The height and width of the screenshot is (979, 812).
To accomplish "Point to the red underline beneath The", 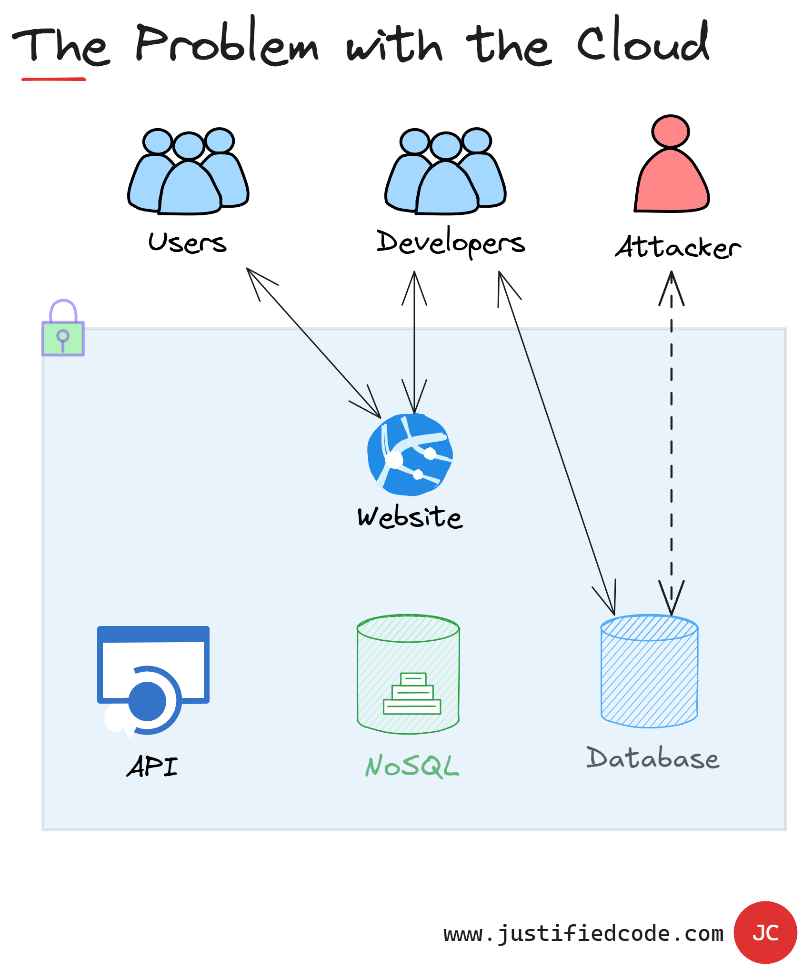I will tap(53, 79).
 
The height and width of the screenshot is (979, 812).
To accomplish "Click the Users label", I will tap(188, 243).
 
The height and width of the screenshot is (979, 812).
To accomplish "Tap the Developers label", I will tap(451, 243).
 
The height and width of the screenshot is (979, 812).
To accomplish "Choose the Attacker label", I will tap(678, 247).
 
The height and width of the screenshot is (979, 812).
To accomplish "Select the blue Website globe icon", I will tap(410, 454).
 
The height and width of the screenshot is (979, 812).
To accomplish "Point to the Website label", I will tap(410, 517).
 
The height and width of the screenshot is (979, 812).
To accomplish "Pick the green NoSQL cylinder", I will tap(408, 674).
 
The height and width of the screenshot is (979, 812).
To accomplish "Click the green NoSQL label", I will tap(412, 766).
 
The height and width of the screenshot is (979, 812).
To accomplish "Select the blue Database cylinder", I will tap(649, 672).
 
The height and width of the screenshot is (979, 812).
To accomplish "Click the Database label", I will tap(652, 758).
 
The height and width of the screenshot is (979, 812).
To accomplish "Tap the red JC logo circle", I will tap(765, 933).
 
